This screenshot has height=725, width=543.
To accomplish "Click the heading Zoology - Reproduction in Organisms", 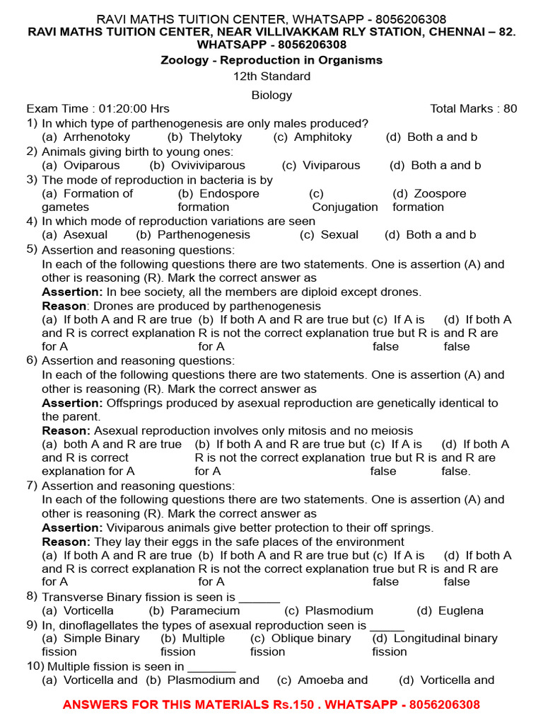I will coord(271,60).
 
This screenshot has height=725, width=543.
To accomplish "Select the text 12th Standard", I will coord(271,76).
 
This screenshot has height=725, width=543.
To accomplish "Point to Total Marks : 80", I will coord(473,108).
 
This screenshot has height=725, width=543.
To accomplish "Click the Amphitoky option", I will coord(322,137).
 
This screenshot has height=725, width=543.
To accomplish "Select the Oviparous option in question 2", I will coord(91,165).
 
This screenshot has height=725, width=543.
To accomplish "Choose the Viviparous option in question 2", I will coord(331,165).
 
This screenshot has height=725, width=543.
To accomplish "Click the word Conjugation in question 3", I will coord(345,207).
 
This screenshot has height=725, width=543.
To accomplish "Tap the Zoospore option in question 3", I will coord(439,193).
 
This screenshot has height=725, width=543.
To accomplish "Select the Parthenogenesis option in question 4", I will coord(204,234).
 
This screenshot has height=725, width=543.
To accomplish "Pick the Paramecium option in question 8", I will coord(205,610).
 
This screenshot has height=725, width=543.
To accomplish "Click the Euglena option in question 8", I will coord(460,610).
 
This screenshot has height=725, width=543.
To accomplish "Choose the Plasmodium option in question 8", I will coord(339,610).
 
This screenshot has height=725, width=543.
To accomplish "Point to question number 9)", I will coord(32,624).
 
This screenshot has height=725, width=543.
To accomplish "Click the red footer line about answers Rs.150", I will coord(271,704).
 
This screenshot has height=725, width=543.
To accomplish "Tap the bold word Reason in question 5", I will coord(64,306).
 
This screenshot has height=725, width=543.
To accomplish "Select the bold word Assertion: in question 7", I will coord(72,527).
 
